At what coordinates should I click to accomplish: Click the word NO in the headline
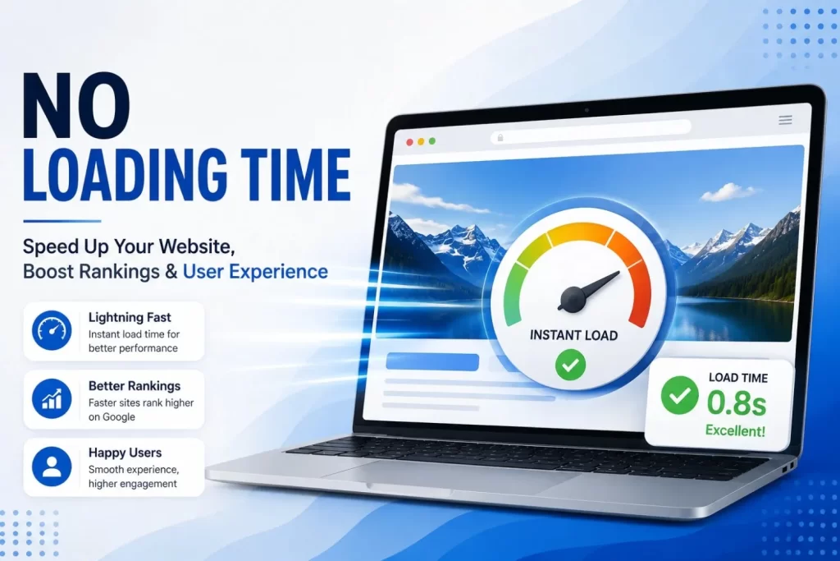76,106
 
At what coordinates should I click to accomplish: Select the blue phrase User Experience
255,271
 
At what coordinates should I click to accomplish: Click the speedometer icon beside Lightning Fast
52,330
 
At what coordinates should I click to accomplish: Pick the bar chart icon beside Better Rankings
52,398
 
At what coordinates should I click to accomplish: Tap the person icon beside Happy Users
52,467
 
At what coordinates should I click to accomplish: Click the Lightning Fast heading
130,318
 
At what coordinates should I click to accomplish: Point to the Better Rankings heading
135,385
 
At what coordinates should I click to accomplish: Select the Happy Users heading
125,453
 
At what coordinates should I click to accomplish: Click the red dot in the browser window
409,142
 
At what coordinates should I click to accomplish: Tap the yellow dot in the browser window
421,141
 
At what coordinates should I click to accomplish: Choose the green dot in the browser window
431,141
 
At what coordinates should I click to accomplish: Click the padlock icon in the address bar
500,138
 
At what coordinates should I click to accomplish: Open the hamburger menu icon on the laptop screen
785,120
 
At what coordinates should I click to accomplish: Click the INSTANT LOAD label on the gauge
573,335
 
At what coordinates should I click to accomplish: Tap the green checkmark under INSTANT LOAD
571,365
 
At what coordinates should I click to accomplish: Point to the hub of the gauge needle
572,298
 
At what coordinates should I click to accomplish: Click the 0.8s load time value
737,402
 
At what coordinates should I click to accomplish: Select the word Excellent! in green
735,430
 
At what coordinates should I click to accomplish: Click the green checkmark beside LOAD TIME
679,395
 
